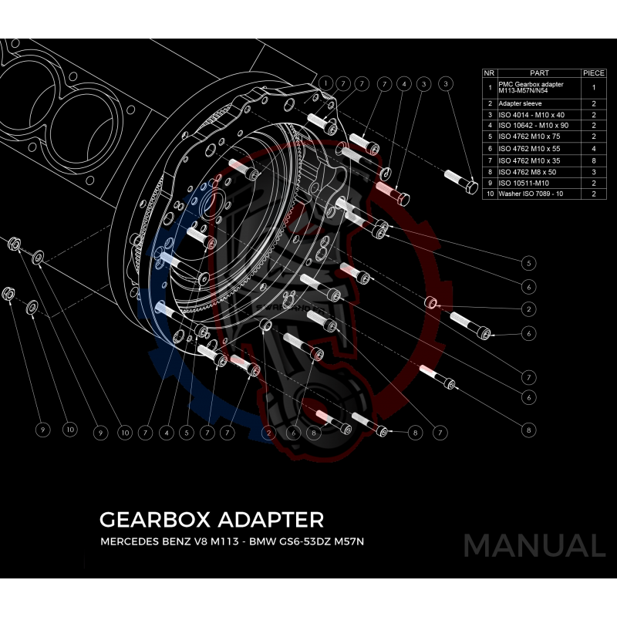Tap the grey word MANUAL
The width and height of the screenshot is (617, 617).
(534, 546)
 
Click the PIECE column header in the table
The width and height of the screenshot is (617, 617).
(593, 72)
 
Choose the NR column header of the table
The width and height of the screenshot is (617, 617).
(488, 72)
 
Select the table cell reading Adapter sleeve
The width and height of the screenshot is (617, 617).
(521, 103)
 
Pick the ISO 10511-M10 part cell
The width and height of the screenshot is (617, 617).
(524, 183)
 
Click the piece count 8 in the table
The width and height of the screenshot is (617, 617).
(594, 160)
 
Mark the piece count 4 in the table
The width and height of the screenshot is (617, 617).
(594, 148)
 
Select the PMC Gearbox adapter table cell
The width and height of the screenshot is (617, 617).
(532, 87)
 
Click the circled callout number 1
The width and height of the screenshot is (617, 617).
(326, 83)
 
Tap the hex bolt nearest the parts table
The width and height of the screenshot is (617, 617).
(463, 181)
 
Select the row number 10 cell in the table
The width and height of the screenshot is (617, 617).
(489, 194)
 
